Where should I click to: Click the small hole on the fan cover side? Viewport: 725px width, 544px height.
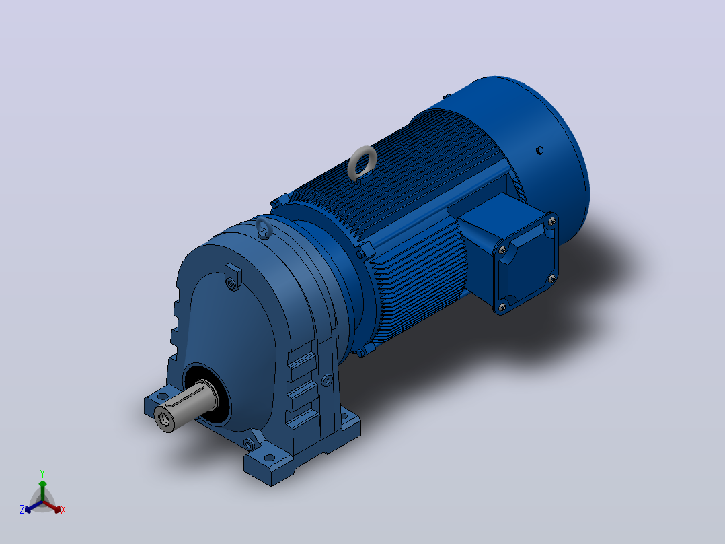pos(539,150)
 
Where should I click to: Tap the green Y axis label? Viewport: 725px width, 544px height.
pos(42,473)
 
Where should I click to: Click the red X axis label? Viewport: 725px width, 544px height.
pos(63,510)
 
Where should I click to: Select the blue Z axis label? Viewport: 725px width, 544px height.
pos(22,510)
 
